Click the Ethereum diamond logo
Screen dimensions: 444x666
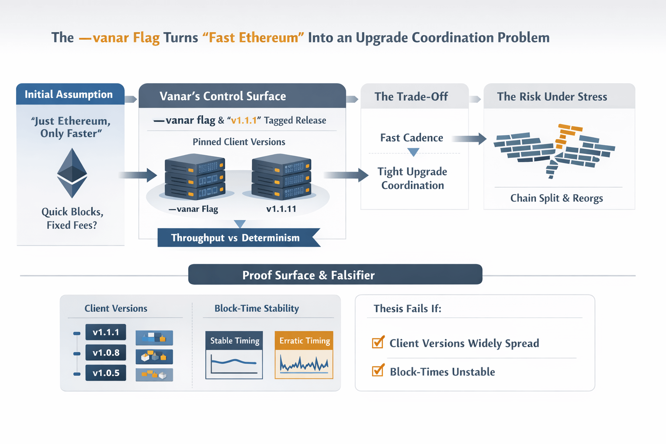click(72, 173)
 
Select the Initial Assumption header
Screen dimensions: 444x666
click(69, 95)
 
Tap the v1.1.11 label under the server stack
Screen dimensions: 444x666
click(281, 209)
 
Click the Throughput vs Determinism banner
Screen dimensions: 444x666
click(235, 238)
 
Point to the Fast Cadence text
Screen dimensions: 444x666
click(411, 138)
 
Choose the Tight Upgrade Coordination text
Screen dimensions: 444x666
click(412, 178)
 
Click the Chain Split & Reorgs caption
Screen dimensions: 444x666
click(556, 198)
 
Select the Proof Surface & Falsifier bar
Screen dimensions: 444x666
click(335, 275)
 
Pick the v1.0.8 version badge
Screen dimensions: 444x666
click(106, 353)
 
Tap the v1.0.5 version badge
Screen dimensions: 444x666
click(106, 373)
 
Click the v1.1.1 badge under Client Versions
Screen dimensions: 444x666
click(106, 332)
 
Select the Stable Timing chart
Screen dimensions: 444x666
click(234, 355)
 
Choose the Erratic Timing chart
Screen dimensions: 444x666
click(304, 355)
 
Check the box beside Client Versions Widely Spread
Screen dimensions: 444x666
click(378, 343)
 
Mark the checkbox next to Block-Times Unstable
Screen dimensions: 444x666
click(378, 371)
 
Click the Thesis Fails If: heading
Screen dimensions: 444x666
click(407, 309)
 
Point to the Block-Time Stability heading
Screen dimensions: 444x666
click(257, 309)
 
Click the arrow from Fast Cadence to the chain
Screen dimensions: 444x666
click(469, 139)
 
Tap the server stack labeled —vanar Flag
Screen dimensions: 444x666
click(195, 178)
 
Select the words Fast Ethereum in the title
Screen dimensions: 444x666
click(254, 38)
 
